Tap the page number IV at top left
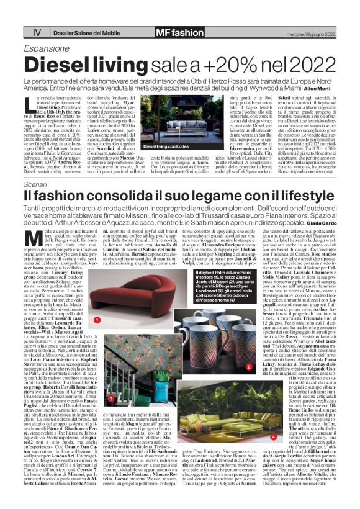tap(37, 32)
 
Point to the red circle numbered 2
tap(248, 367)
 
